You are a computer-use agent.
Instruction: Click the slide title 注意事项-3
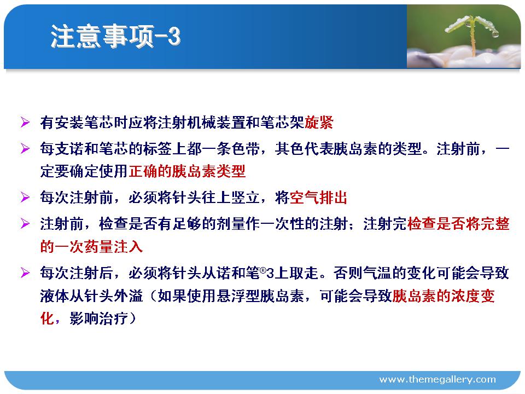[x=115, y=36]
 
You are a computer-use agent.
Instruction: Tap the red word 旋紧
[x=319, y=123]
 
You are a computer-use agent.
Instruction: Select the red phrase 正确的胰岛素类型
[x=187, y=171]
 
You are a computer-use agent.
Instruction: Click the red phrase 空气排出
[x=318, y=198]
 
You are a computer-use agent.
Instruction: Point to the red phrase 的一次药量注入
[x=91, y=247]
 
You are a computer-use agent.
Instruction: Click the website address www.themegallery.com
[x=437, y=379]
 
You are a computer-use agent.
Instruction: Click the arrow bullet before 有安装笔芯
[x=25, y=122]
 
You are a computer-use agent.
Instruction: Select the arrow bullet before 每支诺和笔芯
[x=25, y=148]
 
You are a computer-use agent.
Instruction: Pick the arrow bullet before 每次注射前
[x=25, y=197]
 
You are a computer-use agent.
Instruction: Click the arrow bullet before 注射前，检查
[x=25, y=223]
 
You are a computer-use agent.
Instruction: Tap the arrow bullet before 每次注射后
[x=25, y=273]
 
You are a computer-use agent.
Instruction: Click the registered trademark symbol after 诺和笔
[x=263, y=270]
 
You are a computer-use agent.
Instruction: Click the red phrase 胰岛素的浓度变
[x=444, y=296]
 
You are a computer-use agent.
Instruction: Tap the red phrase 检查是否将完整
[x=458, y=223]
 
